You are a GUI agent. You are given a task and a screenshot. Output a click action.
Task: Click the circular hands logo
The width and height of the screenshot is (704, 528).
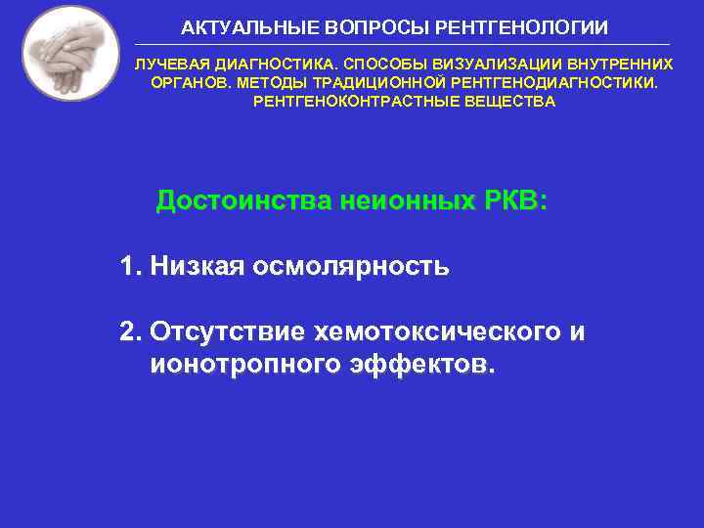pyautogui.click(x=70, y=53)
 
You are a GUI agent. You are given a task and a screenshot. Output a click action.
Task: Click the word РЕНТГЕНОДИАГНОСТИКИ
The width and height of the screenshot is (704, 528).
pyautogui.click(x=553, y=82)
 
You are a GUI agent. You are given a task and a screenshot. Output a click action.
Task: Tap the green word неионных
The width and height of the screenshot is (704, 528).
pyautogui.click(x=405, y=201)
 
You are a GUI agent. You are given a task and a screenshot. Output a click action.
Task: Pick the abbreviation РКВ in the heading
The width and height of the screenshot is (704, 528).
pyautogui.click(x=515, y=201)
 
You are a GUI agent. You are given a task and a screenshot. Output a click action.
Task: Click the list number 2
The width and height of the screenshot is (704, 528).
pyautogui.click(x=131, y=332)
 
